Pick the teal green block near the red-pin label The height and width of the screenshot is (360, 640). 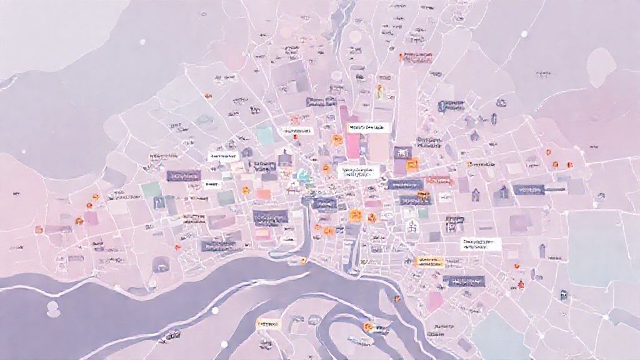coord(266,136)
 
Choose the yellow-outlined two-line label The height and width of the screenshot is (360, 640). coord(428,261)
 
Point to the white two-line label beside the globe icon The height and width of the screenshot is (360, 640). coord(357,172)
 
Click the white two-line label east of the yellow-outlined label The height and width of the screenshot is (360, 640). coord(482,243)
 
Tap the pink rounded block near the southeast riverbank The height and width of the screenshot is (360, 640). coord(436,301)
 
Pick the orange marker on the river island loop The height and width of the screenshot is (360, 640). coord(369,326)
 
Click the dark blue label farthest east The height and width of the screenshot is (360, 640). coord(529,189)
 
